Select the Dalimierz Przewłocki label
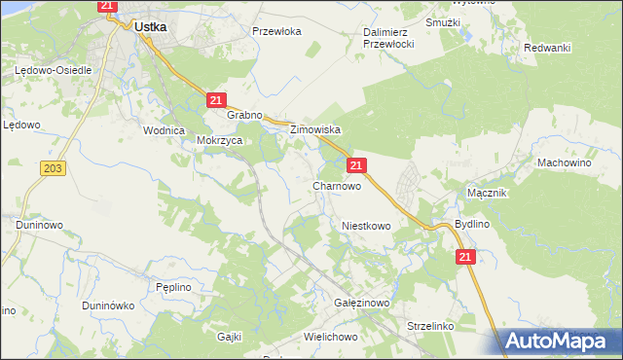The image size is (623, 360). pos(389,38)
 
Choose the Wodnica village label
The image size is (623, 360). pos(164,130)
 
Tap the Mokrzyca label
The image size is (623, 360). pos(219,140)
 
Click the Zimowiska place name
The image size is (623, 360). pos(312,129)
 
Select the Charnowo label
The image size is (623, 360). pos(337,186)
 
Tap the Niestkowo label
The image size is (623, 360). pos(366,226)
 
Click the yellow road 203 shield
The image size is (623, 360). pos(54,168)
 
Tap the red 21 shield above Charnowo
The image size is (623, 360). pos(357,165)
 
